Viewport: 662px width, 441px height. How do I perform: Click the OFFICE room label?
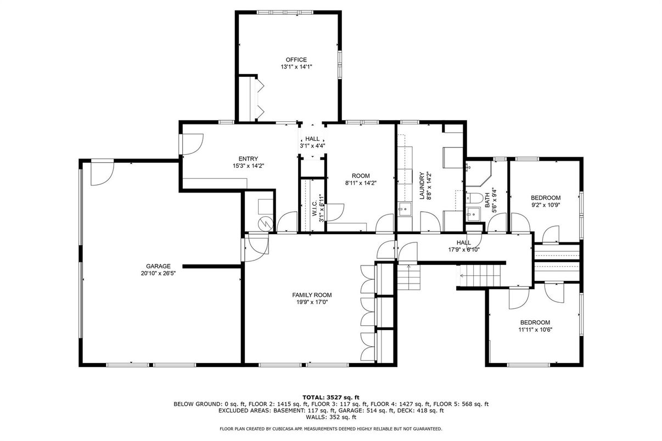pyautogui.click(x=296, y=60)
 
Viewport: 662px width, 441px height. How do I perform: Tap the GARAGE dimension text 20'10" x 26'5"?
pyautogui.click(x=159, y=274)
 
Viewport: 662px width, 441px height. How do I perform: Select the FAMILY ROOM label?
pyautogui.click(x=312, y=295)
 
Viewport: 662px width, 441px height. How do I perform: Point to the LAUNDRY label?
pyautogui.click(x=422, y=186)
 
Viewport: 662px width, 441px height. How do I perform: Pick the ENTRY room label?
pyautogui.click(x=248, y=159)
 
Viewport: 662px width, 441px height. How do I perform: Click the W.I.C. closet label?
pyautogui.click(x=315, y=208)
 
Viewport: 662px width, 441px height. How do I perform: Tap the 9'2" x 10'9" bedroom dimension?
pyautogui.click(x=546, y=205)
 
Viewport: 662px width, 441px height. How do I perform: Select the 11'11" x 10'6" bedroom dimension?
pyautogui.click(x=535, y=330)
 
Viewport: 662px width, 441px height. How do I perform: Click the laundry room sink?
pyautogui.click(x=405, y=209)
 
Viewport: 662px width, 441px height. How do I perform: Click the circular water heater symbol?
pyautogui.click(x=265, y=224)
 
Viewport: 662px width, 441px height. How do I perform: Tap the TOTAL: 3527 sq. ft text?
pyautogui.click(x=330, y=397)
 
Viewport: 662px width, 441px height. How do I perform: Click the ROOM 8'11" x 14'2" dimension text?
pyautogui.click(x=361, y=183)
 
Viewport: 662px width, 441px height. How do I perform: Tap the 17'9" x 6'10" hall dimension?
pyautogui.click(x=464, y=250)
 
